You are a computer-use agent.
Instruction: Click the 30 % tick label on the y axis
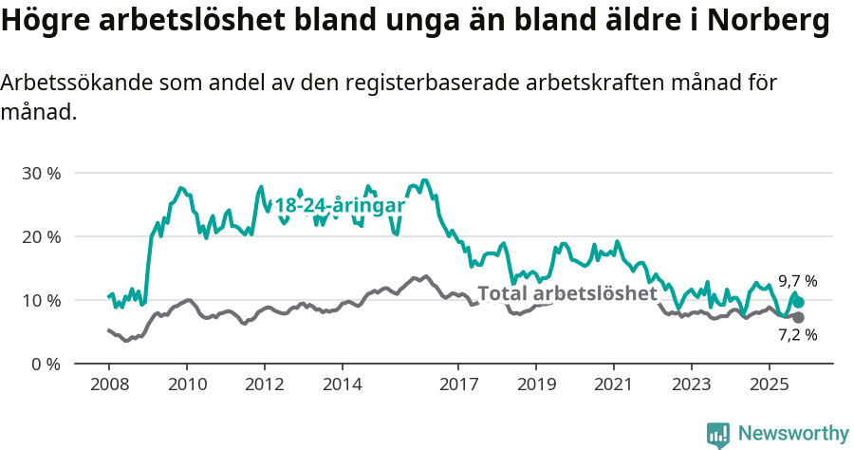click(41, 174)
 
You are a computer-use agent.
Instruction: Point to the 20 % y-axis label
click(41, 236)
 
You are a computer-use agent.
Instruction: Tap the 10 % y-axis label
click(41, 300)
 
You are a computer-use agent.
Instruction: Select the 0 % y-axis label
click(46, 364)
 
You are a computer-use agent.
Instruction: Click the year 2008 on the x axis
click(109, 385)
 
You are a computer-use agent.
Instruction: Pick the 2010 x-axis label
click(187, 385)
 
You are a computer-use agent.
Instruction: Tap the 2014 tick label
click(342, 385)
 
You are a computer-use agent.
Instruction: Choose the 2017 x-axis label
click(458, 385)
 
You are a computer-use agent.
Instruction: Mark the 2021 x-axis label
click(613, 385)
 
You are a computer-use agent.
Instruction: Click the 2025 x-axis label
click(769, 385)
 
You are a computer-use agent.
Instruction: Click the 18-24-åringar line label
click(340, 206)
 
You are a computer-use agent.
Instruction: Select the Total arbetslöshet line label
click(567, 293)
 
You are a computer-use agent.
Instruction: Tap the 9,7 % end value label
click(797, 281)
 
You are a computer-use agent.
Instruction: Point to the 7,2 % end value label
click(797, 334)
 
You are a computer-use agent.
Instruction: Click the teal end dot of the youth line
click(798, 302)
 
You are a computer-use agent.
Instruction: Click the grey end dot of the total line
click(798, 317)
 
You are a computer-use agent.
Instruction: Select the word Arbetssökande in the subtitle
click(71, 83)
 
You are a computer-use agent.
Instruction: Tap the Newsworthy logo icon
click(718, 434)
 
